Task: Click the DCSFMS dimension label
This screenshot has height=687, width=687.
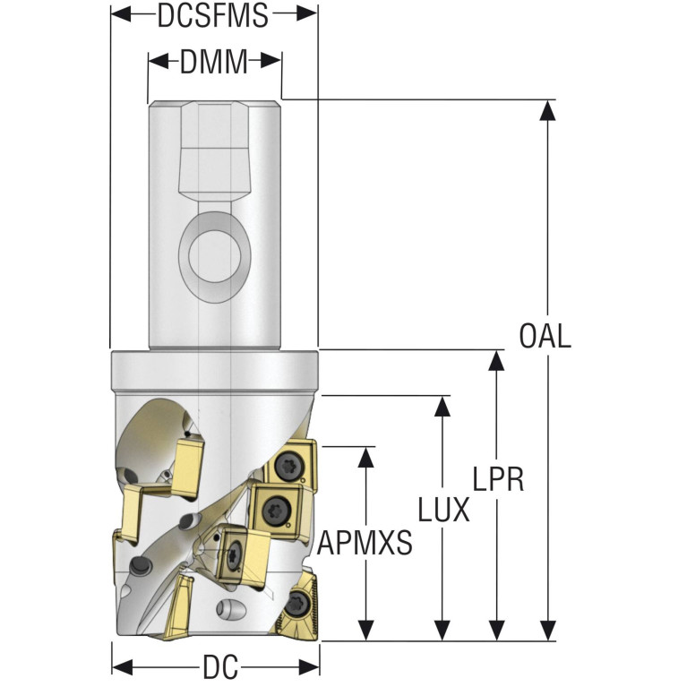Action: [x=212, y=16]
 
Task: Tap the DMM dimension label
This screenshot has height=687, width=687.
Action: [x=213, y=63]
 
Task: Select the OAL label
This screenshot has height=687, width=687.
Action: [x=545, y=337]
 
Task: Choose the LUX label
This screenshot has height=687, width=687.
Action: [x=443, y=511]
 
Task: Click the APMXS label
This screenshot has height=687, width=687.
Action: [x=365, y=542]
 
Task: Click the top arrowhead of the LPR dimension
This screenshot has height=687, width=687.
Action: [x=494, y=360]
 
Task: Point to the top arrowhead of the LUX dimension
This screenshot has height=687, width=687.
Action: [x=442, y=406]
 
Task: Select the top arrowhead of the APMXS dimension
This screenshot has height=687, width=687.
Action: [x=365, y=456]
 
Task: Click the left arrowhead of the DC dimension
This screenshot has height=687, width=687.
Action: [x=121, y=667]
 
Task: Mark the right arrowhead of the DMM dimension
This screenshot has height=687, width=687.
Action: [x=272, y=62]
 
